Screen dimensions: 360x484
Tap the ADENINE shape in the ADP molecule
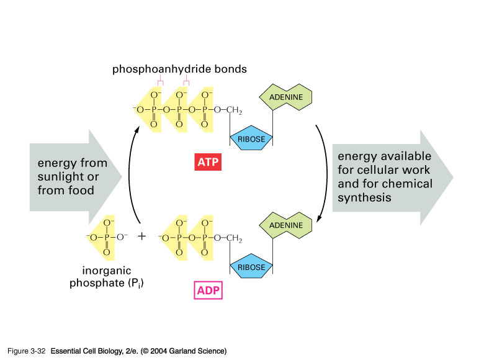(x=285, y=225)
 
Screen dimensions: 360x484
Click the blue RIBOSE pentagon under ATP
(x=251, y=139)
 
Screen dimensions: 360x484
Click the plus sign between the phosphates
(x=141, y=237)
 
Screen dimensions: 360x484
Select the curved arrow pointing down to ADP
(x=325, y=174)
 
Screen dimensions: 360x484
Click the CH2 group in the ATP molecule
(x=231, y=110)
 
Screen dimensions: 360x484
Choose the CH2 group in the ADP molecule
(x=231, y=238)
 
